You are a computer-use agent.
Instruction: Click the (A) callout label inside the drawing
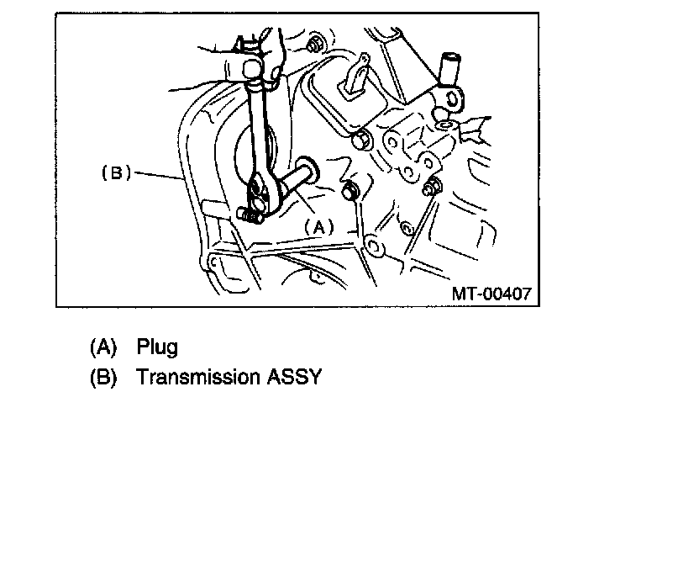(x=318, y=225)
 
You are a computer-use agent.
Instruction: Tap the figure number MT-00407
(x=491, y=294)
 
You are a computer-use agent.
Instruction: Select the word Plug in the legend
(x=157, y=347)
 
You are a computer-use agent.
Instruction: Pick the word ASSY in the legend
(x=294, y=376)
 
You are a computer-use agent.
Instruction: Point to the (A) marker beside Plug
(x=102, y=347)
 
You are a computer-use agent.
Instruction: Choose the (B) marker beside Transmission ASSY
(x=102, y=376)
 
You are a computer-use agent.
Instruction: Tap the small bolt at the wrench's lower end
(x=250, y=215)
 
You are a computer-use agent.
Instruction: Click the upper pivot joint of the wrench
(x=252, y=66)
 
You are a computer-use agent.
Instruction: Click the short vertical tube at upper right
(x=450, y=71)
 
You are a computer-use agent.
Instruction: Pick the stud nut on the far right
(x=433, y=187)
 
